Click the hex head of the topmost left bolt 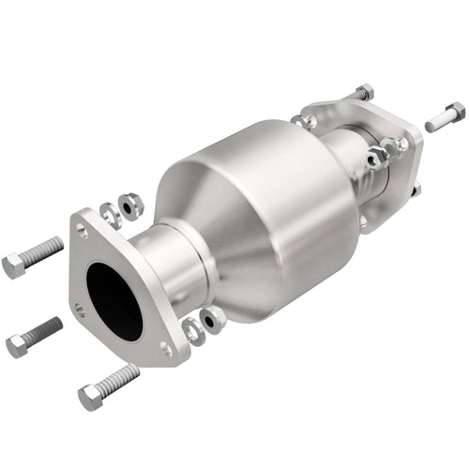click(13, 265)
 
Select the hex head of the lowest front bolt click(90, 398)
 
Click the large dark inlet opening click(113, 300)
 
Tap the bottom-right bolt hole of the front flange click(166, 348)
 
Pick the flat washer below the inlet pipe click(192, 329)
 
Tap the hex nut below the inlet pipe click(213, 319)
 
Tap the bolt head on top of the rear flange click(362, 92)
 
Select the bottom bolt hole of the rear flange click(362, 221)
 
